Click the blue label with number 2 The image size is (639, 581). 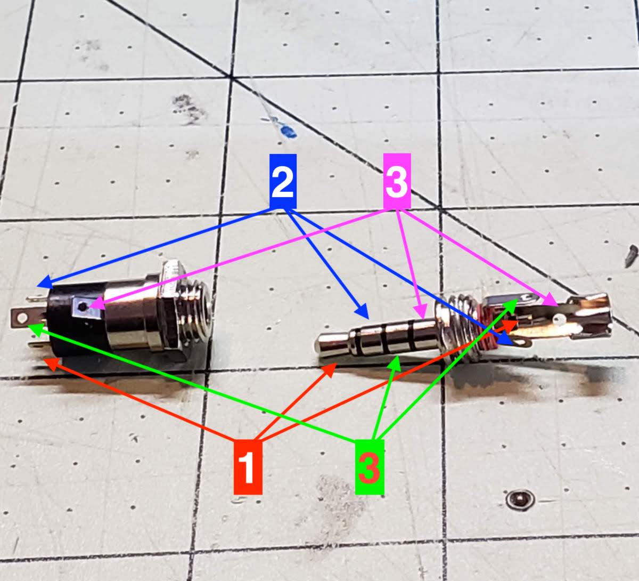[x=283, y=181]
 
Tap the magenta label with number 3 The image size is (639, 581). [x=397, y=181]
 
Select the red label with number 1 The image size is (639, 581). [x=248, y=467]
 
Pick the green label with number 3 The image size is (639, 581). [x=370, y=467]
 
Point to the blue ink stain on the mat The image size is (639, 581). [x=288, y=131]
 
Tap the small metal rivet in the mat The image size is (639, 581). [x=520, y=499]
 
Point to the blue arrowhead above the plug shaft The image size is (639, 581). [x=363, y=311]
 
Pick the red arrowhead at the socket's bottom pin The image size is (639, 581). [x=51, y=364]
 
